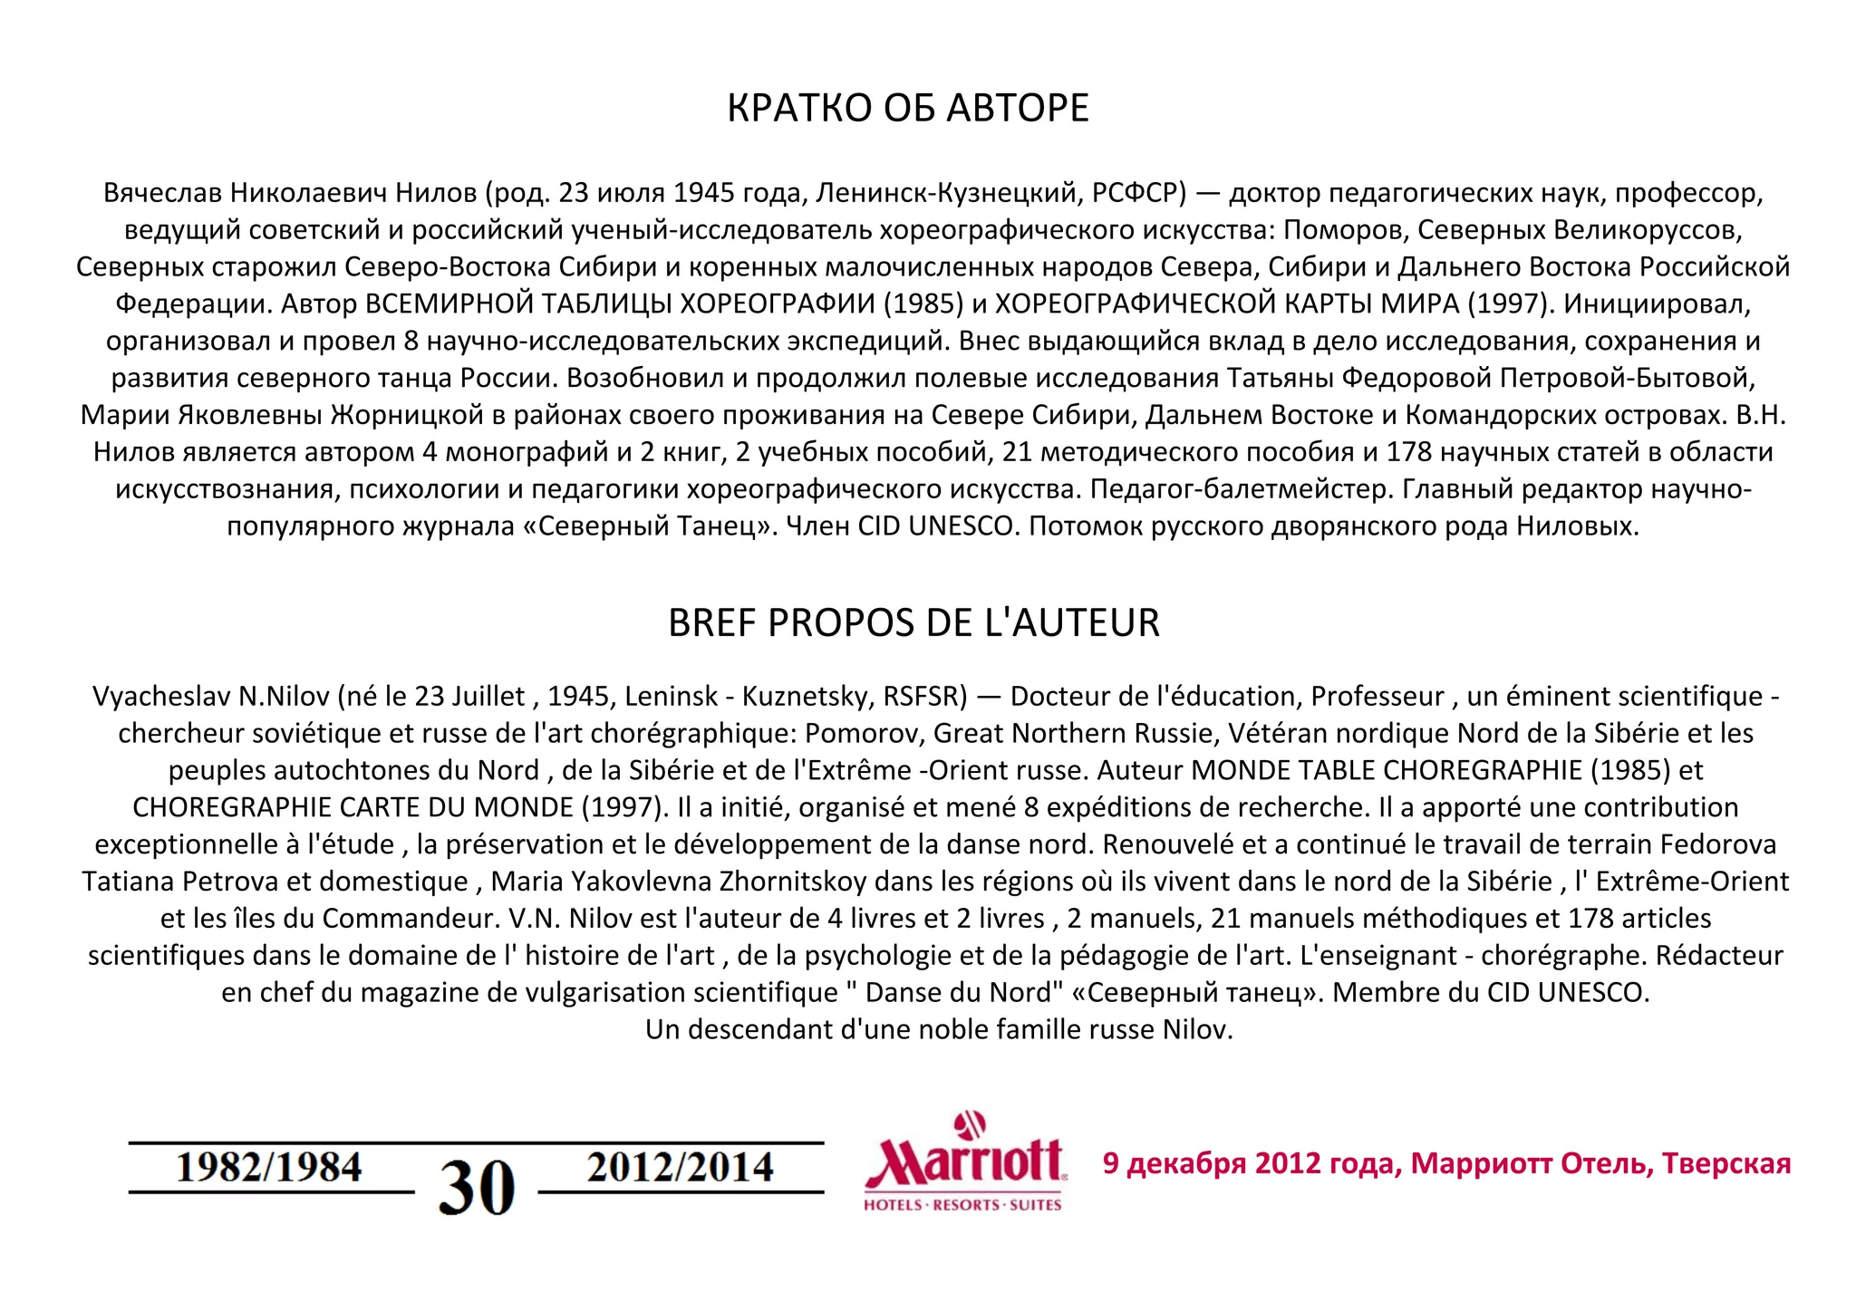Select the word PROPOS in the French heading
pyautogui.click(x=842, y=622)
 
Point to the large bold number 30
pyautogui.click(x=477, y=1187)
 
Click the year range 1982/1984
pyautogui.click(x=269, y=1167)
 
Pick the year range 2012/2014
pyautogui.click(x=680, y=1167)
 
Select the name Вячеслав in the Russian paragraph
pyautogui.click(x=163, y=193)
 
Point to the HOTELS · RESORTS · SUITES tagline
pyautogui.click(x=962, y=1205)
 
